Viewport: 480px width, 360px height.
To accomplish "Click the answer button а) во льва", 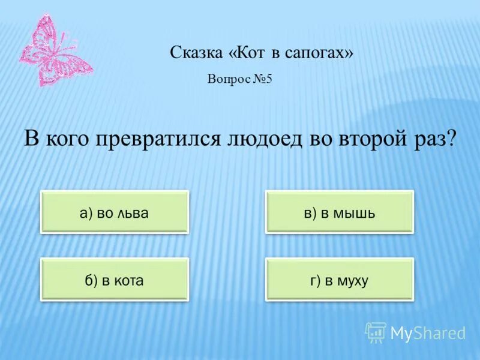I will click(x=114, y=212).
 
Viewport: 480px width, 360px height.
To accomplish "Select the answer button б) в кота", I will click(x=114, y=280).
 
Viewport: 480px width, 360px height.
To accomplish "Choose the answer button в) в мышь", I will click(x=340, y=212).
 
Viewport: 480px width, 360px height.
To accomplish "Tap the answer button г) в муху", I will click(x=340, y=280).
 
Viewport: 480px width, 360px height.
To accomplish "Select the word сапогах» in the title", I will click(x=322, y=54).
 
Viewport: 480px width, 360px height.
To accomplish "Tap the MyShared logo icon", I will click(x=376, y=332).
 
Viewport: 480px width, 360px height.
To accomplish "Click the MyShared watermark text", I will click(x=428, y=333).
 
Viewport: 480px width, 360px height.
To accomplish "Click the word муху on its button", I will click(x=352, y=280).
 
